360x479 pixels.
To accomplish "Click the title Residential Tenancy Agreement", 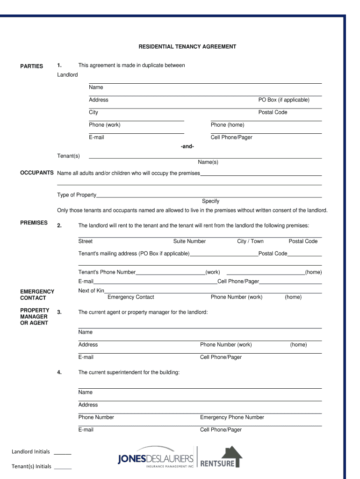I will tap(187, 47).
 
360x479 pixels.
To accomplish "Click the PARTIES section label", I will tap(31, 66).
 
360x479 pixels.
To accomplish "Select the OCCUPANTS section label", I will tap(36, 173).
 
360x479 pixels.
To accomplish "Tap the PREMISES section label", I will tap(34, 223).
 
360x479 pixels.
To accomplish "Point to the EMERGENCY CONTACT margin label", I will tap(37, 295).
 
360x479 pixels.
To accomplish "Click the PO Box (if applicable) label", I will tap(284, 100).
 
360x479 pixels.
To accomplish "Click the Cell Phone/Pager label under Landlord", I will tap(231, 138).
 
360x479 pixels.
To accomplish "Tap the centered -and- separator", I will tap(187, 147).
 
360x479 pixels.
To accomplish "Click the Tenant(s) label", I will tap(68, 156).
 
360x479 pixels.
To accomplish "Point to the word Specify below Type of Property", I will tap(210, 201).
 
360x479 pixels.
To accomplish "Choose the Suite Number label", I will tap(189, 241).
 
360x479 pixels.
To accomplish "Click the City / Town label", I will tap(250, 241).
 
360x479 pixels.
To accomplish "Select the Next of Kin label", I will tap(91, 291).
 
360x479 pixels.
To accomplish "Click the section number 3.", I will tap(59, 312).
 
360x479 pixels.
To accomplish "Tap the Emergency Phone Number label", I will tap(232, 417).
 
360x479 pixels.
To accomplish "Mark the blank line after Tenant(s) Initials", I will tap(63, 468).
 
